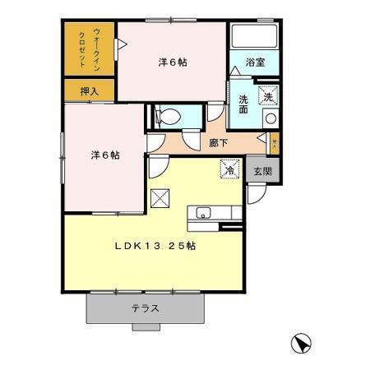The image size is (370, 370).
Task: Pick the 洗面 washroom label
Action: point(243,104)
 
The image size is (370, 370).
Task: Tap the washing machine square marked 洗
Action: point(269,97)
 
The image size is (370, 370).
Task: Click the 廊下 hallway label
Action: point(219,142)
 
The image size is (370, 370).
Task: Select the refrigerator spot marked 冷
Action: point(229,169)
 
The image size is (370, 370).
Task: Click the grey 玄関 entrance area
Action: point(262,171)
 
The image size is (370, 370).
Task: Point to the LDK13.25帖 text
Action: point(152,244)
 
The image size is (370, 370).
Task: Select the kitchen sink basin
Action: point(201,215)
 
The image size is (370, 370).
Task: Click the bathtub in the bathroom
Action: point(254,36)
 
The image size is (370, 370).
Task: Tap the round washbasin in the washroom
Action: point(270,118)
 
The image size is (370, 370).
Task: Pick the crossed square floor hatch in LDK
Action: point(160,197)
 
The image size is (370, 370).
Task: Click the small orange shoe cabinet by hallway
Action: point(275,142)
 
